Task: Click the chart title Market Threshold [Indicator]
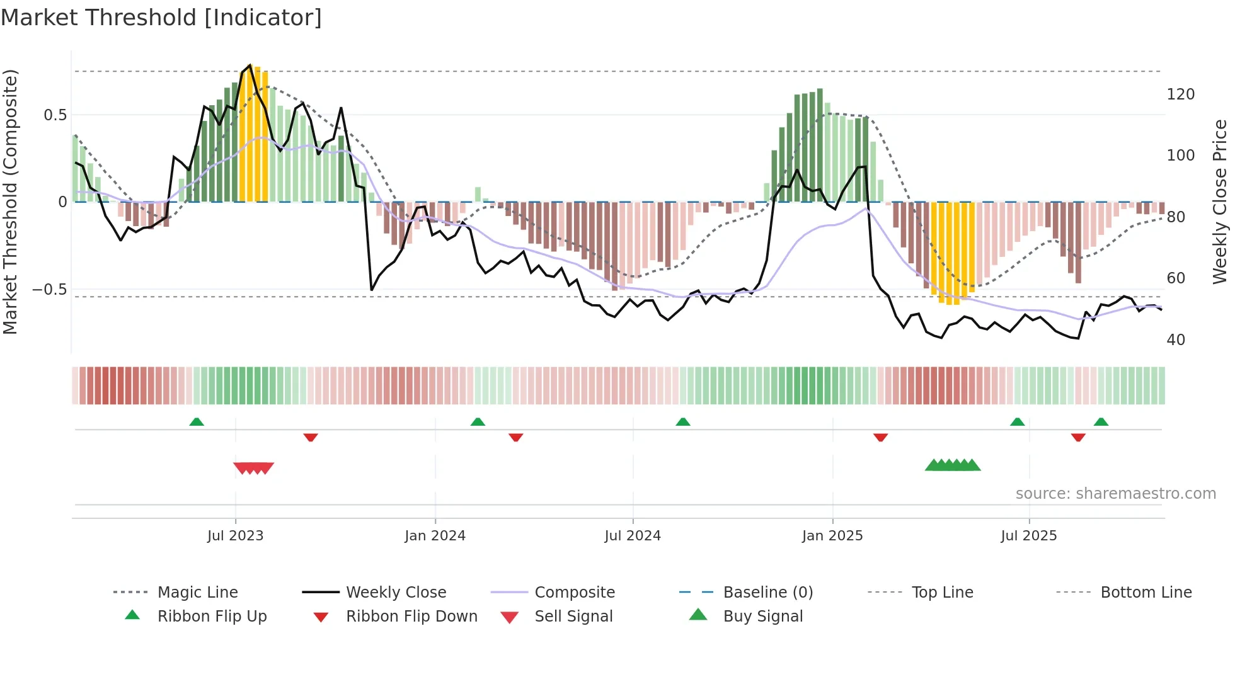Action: pyautogui.click(x=161, y=18)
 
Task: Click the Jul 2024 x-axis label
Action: pyautogui.click(x=633, y=536)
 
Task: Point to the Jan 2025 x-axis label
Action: pyautogui.click(x=832, y=536)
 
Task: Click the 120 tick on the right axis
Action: pyautogui.click(x=1180, y=94)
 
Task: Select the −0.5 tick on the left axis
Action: pyautogui.click(x=49, y=290)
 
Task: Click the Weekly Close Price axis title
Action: pyautogui.click(x=1220, y=202)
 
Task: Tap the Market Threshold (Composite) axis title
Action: pyautogui.click(x=10, y=202)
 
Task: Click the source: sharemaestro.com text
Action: pyautogui.click(x=1115, y=494)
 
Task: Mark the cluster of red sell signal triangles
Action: pyautogui.click(x=253, y=468)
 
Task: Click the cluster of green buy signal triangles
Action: pyautogui.click(x=953, y=465)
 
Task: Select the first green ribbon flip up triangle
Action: pyautogui.click(x=197, y=422)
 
